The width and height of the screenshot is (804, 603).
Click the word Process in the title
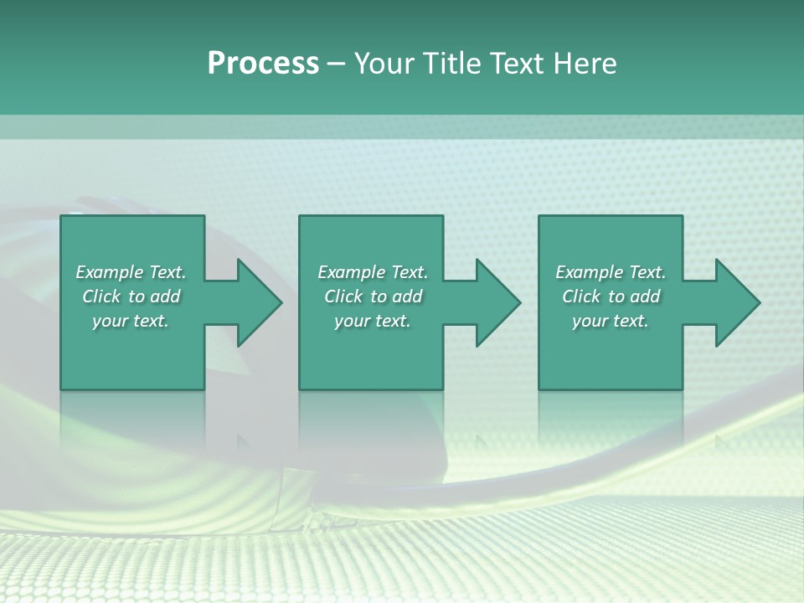point(263,63)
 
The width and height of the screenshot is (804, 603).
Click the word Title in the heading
point(453,63)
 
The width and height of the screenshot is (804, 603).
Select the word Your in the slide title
point(387,63)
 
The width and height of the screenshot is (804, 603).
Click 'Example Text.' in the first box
point(131,272)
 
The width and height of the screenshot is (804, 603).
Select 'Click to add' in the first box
point(131,296)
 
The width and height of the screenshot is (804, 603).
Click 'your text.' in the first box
point(131,321)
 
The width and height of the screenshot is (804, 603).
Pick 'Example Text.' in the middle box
point(372,272)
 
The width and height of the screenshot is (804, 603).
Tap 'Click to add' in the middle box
point(372,296)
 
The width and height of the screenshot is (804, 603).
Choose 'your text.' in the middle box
point(372,321)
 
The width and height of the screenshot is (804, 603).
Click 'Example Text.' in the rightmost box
point(611,272)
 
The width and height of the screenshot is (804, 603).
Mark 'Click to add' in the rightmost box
point(611,296)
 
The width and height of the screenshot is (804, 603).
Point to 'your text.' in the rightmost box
point(611,321)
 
